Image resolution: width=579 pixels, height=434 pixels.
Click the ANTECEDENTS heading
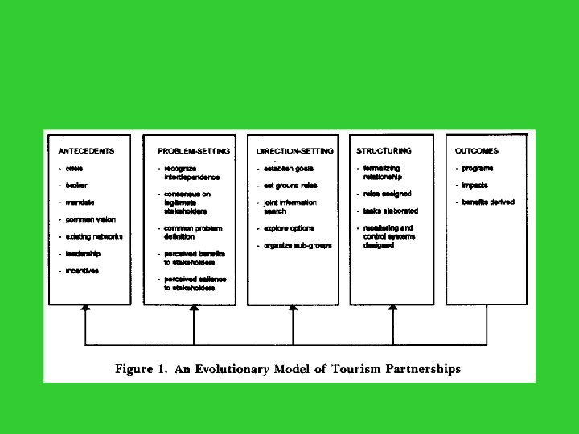[x=86, y=150]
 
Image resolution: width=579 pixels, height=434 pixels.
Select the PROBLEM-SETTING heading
[x=194, y=150]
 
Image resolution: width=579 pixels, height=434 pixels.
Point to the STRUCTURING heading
[x=384, y=150]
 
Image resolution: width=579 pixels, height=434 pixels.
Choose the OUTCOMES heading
[x=477, y=150]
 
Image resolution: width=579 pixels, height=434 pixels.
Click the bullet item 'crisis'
[x=72, y=168]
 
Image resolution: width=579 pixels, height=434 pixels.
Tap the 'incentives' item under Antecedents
[x=81, y=271]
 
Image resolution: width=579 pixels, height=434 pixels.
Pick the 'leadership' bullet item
[x=84, y=253]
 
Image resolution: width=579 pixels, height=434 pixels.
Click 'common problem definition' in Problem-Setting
[x=194, y=232]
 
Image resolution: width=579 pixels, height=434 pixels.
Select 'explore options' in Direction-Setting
[x=289, y=228]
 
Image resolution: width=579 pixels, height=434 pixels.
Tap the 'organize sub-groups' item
[x=297, y=245]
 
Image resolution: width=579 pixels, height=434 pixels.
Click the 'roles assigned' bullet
[x=390, y=194]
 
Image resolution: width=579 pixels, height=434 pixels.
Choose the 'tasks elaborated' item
[x=393, y=211]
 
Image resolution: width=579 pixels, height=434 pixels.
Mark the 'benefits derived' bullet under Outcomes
[x=487, y=202]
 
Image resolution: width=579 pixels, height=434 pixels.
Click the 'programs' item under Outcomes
[x=478, y=168]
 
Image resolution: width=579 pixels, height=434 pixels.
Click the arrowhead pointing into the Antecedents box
[x=85, y=307]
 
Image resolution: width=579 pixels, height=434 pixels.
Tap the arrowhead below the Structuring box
[x=392, y=307]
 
